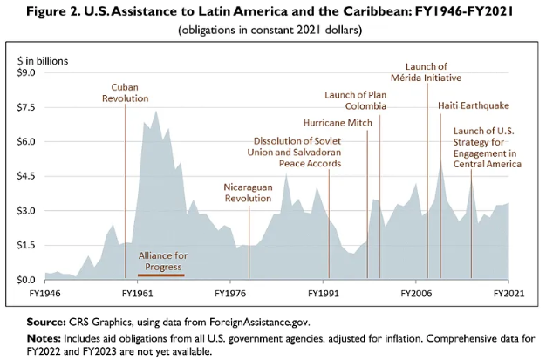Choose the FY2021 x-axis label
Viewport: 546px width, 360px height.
pos(508,294)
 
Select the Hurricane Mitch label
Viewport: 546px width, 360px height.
pos(338,122)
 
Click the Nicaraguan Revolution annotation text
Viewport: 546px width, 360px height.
pos(249,192)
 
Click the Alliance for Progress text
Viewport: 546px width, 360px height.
pos(160,262)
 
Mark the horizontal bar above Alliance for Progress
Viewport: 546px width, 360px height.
pos(160,250)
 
